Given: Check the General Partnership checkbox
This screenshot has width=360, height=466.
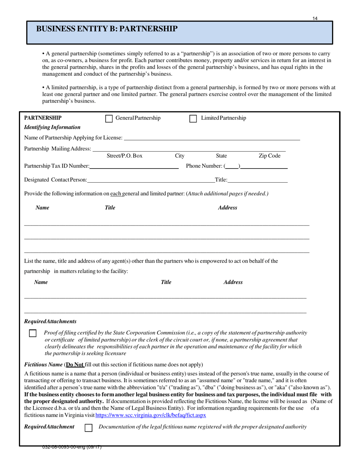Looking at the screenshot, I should tap(109, 119).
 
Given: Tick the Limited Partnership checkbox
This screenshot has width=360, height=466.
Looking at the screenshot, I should tap(193, 119).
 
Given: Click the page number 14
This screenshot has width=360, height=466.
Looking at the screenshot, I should tap(315, 18).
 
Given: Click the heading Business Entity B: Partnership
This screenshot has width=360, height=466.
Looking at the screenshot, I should tap(106, 29).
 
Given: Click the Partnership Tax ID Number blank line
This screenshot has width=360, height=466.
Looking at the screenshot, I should tap(134, 166).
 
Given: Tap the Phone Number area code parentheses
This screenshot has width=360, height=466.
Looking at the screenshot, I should tap(232, 166).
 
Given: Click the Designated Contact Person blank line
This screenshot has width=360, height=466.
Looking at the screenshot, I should tap(151, 180).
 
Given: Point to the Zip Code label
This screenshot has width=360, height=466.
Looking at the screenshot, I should tap(269, 156).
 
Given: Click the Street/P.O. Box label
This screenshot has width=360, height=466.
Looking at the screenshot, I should tap(125, 156).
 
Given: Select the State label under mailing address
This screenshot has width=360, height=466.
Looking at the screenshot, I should tap(221, 156).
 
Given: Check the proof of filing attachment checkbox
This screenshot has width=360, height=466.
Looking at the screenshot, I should tap(33, 333).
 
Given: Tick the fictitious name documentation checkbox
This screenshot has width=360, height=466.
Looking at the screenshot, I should tap(88, 428).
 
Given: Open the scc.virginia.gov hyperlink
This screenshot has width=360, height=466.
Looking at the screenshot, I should tap(151, 415).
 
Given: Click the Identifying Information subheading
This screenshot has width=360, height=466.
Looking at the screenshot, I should tap(52, 127).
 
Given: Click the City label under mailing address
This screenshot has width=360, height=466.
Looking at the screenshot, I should tap(180, 156).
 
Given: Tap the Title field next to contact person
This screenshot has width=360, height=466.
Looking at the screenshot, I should tap(257, 180).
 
